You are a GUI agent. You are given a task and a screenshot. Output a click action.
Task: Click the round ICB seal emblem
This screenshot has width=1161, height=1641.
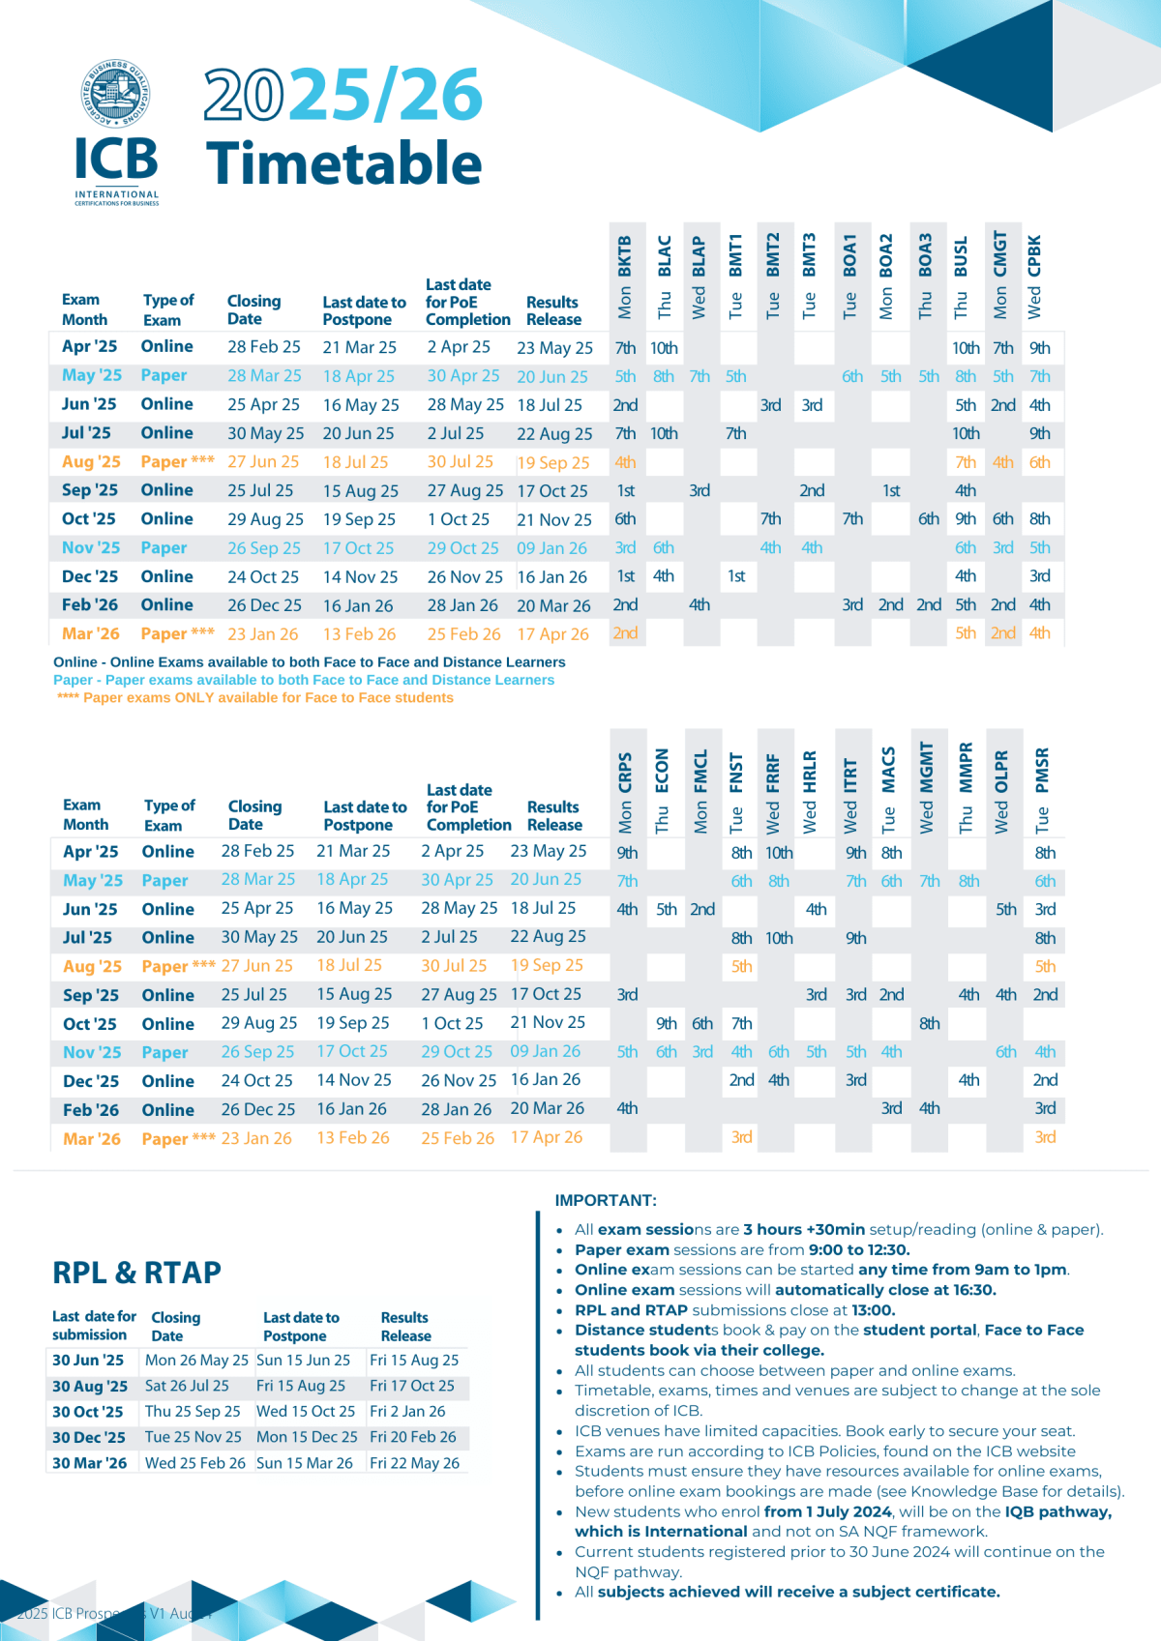pyautogui.click(x=116, y=94)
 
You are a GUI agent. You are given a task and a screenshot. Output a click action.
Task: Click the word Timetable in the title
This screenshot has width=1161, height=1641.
pyautogui.click(x=343, y=162)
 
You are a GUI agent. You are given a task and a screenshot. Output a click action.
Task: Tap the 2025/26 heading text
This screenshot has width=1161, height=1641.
pyautogui.click(x=342, y=95)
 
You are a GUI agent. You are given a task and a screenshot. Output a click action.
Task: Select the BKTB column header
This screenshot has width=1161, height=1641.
pyautogui.click(x=625, y=277)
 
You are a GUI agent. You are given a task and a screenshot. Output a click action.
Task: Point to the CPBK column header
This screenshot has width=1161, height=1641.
pyautogui.click(x=1034, y=277)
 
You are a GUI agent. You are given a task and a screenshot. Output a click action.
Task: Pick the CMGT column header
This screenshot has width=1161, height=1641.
pyautogui.click(x=1000, y=275)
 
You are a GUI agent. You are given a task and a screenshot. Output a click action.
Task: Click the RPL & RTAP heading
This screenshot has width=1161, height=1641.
pyautogui.click(x=136, y=1273)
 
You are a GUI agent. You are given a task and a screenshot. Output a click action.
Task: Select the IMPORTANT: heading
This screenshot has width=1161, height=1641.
pyautogui.click(x=606, y=1200)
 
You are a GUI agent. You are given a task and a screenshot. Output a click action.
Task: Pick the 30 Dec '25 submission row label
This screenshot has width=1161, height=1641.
pyautogui.click(x=89, y=1438)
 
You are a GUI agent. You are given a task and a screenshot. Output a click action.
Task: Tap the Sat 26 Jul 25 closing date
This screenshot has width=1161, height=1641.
pyautogui.click(x=187, y=1386)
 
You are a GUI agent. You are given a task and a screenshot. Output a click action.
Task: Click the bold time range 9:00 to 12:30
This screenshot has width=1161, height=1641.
pyautogui.click(x=859, y=1249)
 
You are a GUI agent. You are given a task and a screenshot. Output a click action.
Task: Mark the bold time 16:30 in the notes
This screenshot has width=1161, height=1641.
pyautogui.click(x=974, y=1290)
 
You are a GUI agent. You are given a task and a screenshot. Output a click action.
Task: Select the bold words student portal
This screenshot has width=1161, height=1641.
pyautogui.click(x=919, y=1330)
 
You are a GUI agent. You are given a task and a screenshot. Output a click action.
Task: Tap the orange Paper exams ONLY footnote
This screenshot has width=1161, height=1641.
pyautogui.click(x=255, y=697)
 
